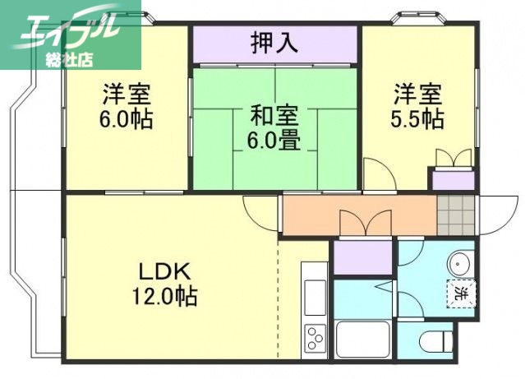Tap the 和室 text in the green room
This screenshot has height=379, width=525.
pyautogui.click(x=275, y=114)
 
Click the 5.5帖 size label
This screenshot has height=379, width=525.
pyautogui.click(x=417, y=120)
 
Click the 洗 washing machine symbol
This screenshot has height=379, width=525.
pyautogui.click(x=462, y=292)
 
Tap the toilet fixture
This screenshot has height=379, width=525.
pyautogui.click(x=436, y=340)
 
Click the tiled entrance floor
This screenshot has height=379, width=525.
pyautogui.click(x=456, y=215)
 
